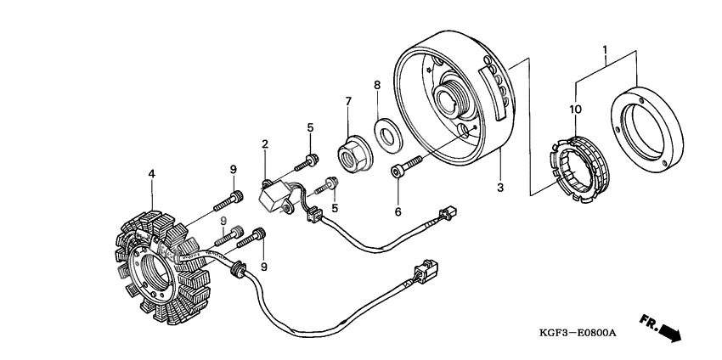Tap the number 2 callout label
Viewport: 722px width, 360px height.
click(x=265, y=144)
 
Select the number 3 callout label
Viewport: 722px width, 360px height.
click(x=501, y=185)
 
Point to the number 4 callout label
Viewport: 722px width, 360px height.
click(x=152, y=175)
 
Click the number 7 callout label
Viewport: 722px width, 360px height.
click(x=347, y=102)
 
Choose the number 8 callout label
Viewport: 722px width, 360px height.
click(x=377, y=84)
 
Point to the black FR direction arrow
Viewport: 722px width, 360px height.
click(x=669, y=330)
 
